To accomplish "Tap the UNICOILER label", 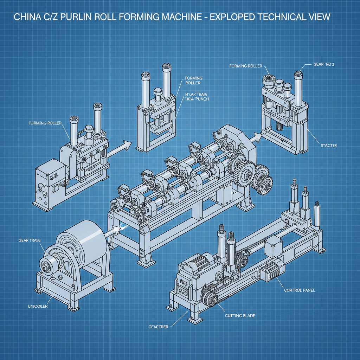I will [x=38, y=306].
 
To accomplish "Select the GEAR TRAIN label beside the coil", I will [x=30, y=240].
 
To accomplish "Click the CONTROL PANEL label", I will [x=300, y=290].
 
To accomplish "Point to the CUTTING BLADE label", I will [x=240, y=316].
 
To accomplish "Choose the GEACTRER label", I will [x=158, y=327].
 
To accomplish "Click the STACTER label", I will [x=329, y=145].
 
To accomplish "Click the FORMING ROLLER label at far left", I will [x=45, y=123].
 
